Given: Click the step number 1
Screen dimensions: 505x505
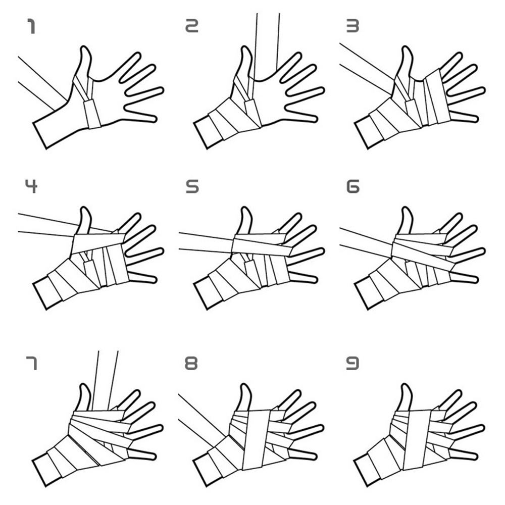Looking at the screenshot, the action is click(x=31, y=26).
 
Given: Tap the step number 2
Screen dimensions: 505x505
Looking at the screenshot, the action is click(x=192, y=26).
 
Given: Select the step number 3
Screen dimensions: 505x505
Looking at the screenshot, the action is click(x=352, y=26).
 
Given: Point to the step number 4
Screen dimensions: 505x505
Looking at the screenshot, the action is click(x=31, y=186).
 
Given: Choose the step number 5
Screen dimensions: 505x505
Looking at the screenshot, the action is click(x=192, y=186).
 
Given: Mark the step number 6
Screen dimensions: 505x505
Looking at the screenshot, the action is click(x=353, y=186).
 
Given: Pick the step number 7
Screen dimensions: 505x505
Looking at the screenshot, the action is click(x=31, y=363).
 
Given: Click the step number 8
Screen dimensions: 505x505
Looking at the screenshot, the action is click(x=191, y=363).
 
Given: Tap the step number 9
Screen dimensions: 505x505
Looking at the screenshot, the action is click(x=352, y=363).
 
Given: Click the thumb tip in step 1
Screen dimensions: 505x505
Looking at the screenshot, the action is click(x=85, y=47).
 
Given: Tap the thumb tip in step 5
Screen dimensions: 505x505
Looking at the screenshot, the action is click(x=245, y=208).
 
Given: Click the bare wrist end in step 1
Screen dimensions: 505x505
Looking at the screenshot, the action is click(x=40, y=135).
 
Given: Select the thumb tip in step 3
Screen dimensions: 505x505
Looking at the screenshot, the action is click(x=407, y=47).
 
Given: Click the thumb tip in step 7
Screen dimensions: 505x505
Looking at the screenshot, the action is click(x=84, y=385).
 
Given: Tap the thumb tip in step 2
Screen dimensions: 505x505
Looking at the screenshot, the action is click(x=246, y=47).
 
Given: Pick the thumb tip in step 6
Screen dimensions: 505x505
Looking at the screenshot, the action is click(x=407, y=208).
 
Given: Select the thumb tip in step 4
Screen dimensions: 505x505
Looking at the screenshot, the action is click(x=85, y=208).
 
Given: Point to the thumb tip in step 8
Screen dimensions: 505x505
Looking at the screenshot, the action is click(x=245, y=385).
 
